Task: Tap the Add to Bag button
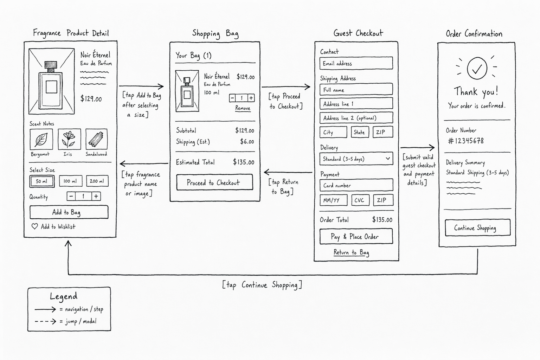69,212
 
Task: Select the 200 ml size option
97,181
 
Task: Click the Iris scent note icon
69,139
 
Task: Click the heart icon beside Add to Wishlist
35,226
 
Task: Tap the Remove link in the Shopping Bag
243,108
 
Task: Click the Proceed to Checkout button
214,182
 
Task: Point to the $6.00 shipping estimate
247,142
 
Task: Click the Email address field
356,63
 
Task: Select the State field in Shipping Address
360,132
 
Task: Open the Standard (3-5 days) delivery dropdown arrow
388,159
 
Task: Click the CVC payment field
360,200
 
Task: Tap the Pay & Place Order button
356,237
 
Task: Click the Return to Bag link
351,252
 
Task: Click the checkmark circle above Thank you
477,68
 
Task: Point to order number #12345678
466,141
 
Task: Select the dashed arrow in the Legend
45,321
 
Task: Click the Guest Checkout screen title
358,33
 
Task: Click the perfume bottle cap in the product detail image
51,65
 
